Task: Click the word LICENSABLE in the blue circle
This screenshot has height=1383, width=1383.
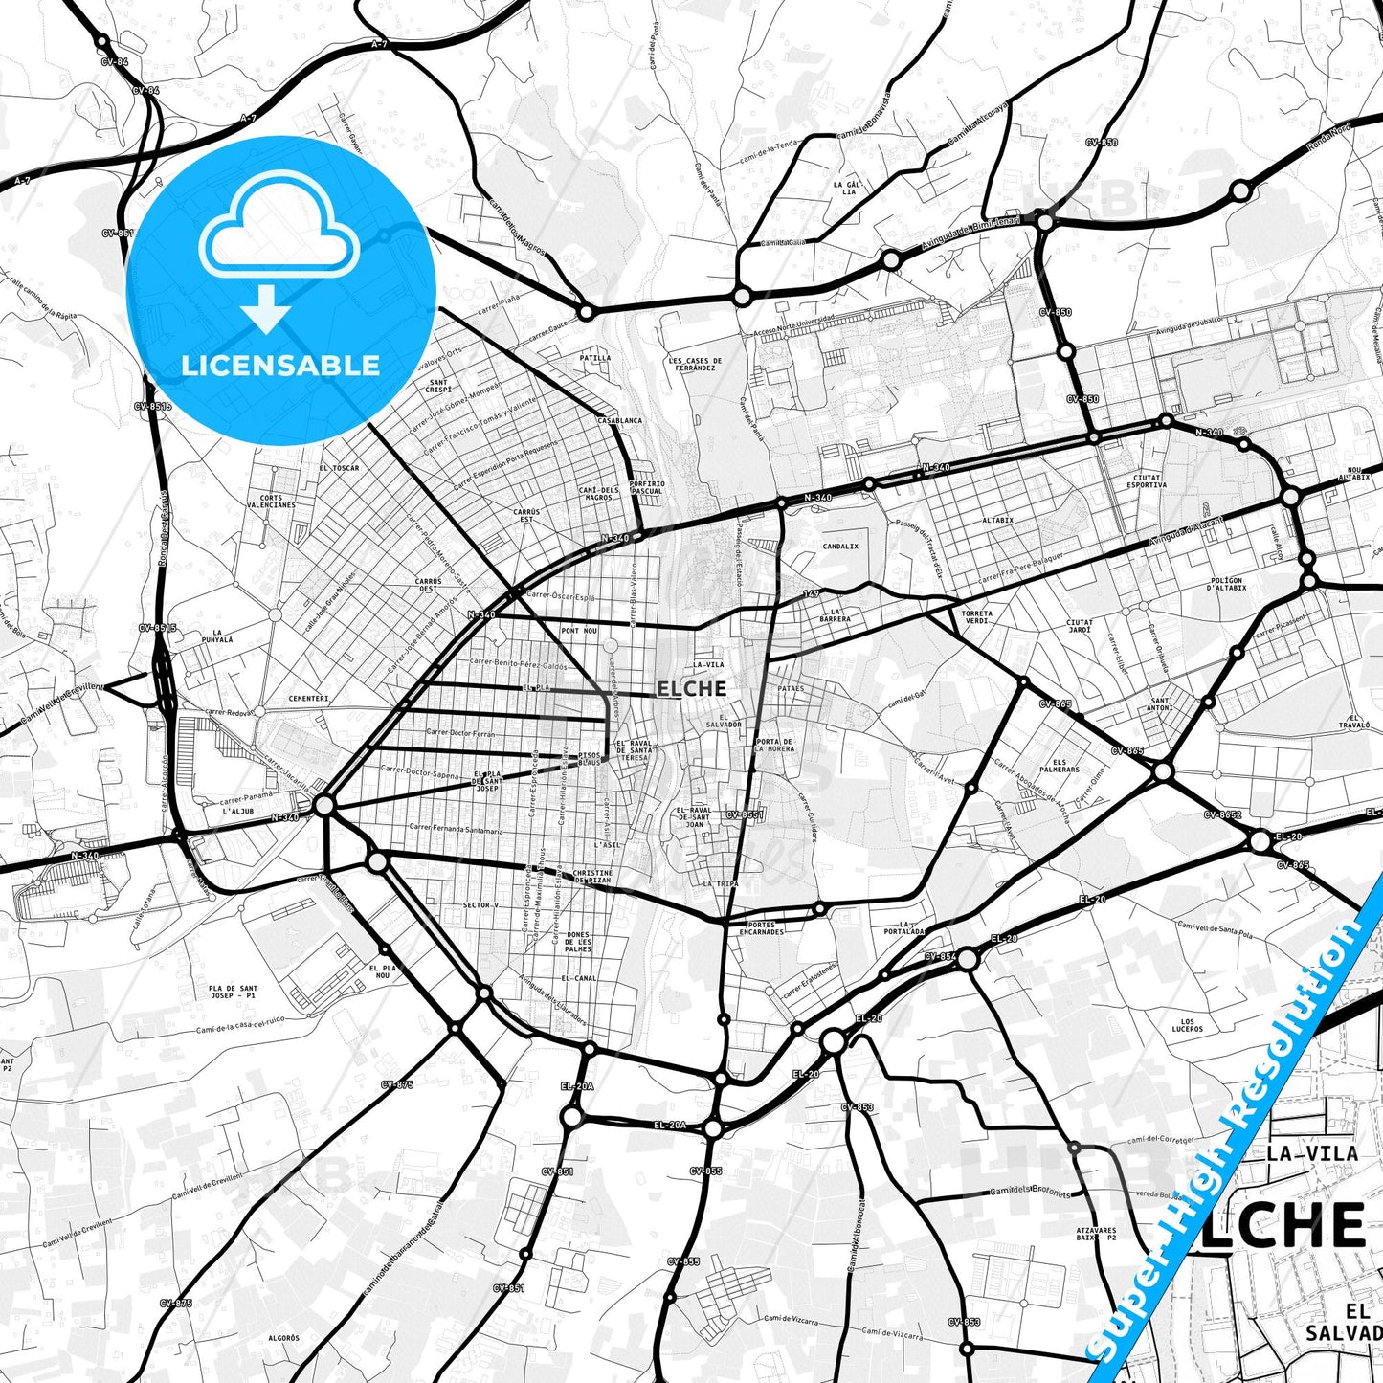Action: click(280, 365)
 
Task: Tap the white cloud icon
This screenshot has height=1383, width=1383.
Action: click(279, 234)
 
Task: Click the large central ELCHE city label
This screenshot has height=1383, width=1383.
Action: click(692, 688)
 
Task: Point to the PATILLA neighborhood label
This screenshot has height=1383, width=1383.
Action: click(595, 358)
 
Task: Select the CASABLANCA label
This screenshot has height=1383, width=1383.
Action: click(619, 420)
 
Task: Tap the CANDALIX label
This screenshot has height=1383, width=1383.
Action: click(840, 547)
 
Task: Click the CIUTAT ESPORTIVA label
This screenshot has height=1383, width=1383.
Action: click(1147, 480)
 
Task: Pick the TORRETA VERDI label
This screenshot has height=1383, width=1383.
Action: click(976, 616)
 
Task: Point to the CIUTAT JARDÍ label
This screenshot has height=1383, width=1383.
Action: click(1080, 626)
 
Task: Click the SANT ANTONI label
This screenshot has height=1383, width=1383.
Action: click(1160, 704)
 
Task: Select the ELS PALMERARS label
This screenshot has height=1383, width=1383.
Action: click(1059, 766)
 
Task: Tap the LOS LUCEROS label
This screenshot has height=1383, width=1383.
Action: click(1187, 1026)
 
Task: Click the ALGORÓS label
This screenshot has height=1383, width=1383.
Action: click(283, 1338)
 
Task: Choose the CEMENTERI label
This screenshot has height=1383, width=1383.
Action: click(308, 699)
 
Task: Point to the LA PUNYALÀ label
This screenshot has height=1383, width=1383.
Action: click(222, 636)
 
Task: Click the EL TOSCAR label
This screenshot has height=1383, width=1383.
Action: click(339, 468)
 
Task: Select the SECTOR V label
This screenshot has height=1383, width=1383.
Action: click(480, 904)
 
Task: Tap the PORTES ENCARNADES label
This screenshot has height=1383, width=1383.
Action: click(762, 927)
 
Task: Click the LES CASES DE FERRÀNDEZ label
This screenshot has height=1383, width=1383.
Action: click(695, 364)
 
